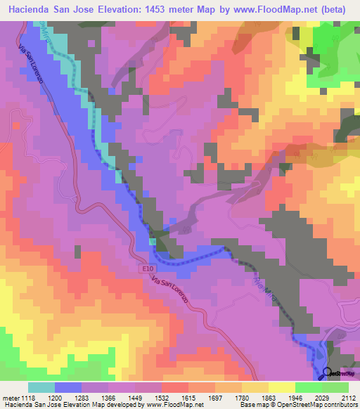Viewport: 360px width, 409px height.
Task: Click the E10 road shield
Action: (x=146, y=268)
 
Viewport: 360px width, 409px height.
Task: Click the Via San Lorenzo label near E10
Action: (x=169, y=290)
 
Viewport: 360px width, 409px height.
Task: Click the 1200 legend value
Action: (x=68, y=398)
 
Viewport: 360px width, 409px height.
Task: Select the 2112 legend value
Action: (x=347, y=398)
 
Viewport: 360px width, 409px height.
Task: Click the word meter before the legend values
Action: (x=9, y=398)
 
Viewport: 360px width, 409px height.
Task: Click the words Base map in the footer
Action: (x=252, y=405)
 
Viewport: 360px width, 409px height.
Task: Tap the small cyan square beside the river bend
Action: (x=153, y=242)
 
